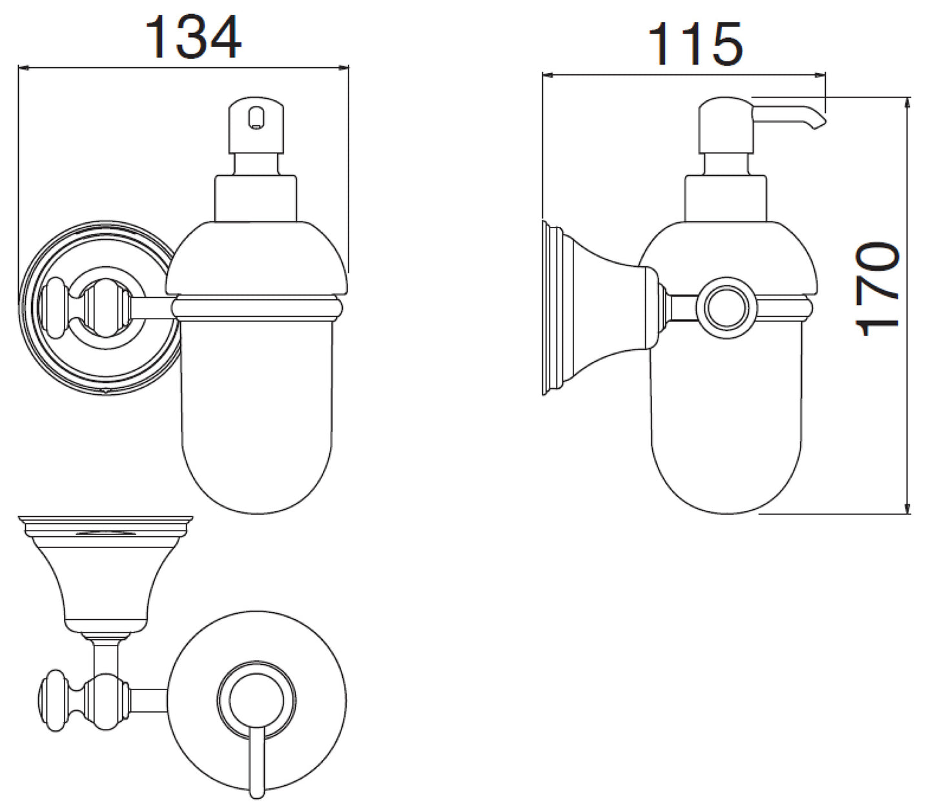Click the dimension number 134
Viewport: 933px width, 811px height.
(193, 37)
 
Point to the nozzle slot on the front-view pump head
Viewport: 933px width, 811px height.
(256, 118)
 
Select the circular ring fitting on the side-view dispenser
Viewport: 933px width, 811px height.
(727, 308)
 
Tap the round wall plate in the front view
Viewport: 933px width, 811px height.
(98, 308)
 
